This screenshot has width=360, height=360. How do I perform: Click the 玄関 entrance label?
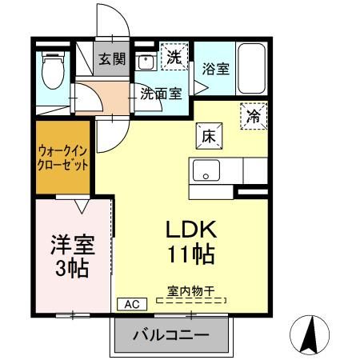point(111,59)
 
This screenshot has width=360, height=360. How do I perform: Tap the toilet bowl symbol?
point(54,71)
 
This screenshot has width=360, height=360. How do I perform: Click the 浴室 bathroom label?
point(215,69)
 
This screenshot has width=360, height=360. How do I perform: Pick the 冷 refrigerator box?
point(253,117)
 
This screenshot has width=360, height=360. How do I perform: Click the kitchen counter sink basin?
point(206,170)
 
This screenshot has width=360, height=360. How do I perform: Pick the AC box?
point(131,304)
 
